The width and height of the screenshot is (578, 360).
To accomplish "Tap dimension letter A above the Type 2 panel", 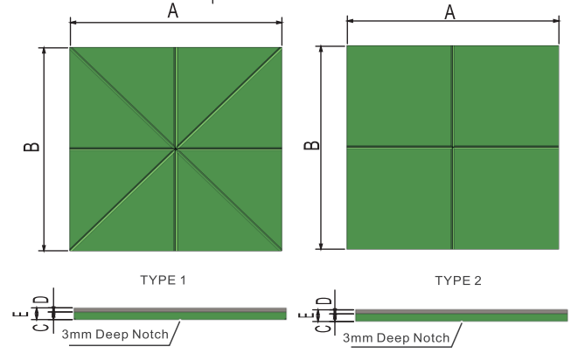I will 451,11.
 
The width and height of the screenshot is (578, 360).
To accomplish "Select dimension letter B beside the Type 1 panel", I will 31,148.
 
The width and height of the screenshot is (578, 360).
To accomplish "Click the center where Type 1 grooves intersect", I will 176,149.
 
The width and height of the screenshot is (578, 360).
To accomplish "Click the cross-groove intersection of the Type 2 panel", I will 452,147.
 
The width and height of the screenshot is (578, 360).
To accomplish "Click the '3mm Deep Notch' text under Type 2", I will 395,336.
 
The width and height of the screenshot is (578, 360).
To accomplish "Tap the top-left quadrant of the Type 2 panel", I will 399,95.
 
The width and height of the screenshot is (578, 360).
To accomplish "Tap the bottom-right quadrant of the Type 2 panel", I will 505,197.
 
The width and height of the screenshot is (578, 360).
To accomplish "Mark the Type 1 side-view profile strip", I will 179,313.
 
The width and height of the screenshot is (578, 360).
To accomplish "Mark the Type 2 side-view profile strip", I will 461,313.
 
